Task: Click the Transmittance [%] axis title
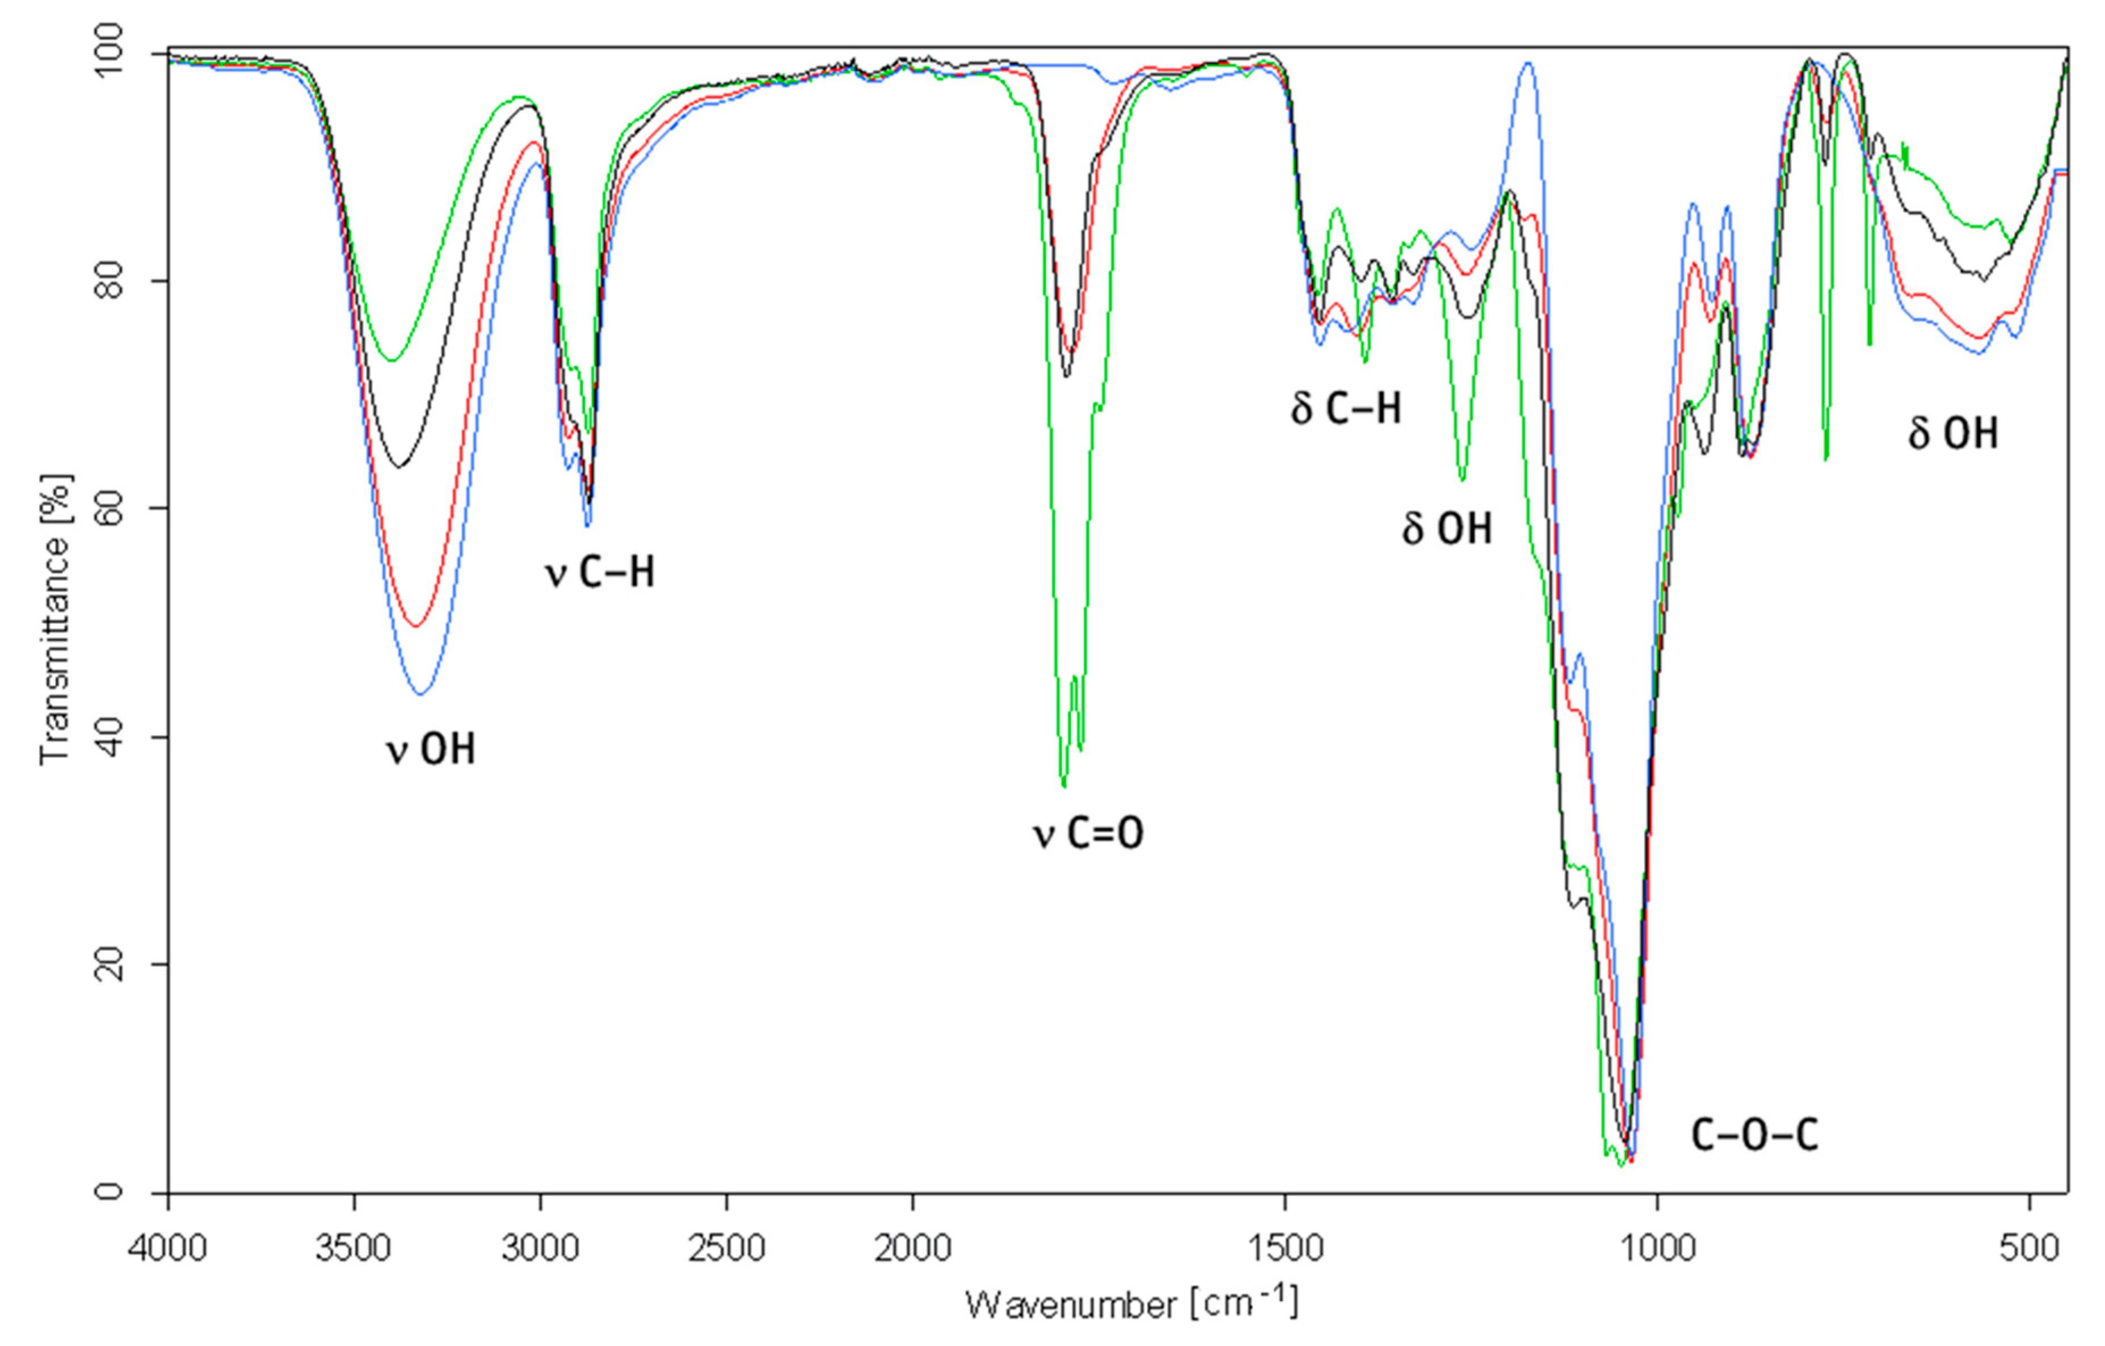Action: pos(55,619)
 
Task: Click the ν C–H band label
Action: pos(600,573)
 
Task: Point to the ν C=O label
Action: pos(1088,833)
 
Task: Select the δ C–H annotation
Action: pos(1346,408)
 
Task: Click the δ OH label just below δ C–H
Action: pos(1447,529)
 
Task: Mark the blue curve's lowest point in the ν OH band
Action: pos(420,694)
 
